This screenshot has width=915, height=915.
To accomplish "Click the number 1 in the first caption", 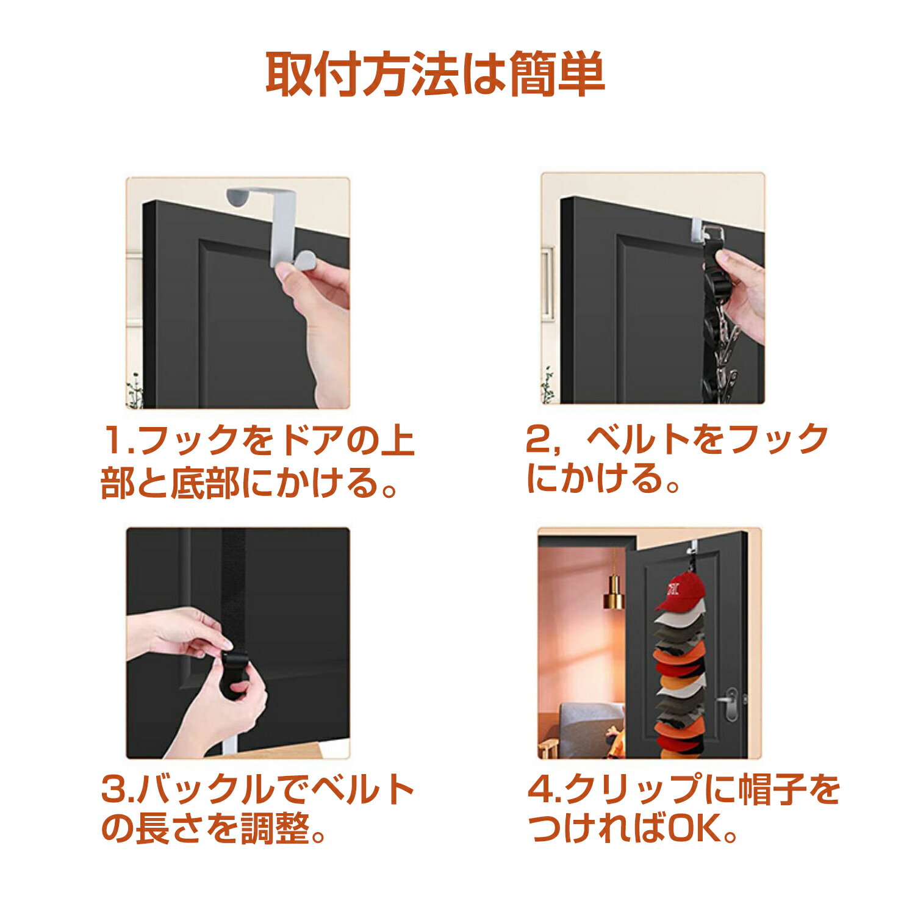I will pos(113,440).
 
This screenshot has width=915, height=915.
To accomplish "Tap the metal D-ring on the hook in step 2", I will pos(711,233).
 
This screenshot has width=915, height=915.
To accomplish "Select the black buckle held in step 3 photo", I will pos(234,674).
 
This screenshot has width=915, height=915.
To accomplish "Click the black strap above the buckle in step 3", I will pos(233,586).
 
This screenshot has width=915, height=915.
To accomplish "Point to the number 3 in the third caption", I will pos(113,789).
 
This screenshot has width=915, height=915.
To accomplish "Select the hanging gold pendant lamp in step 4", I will pos(614,592).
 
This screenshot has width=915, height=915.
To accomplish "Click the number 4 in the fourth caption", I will pos(540,789).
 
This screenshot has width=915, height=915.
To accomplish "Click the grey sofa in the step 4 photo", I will pos(589,726).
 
